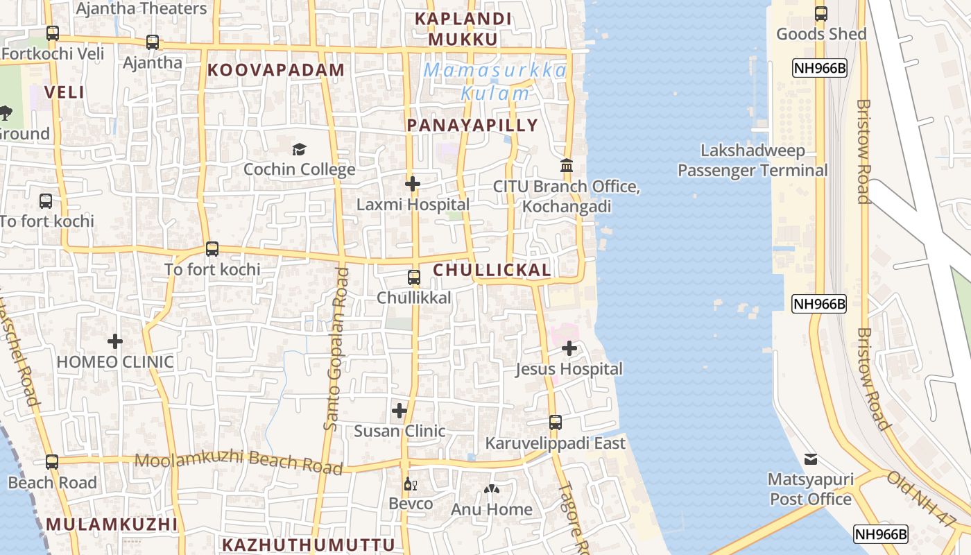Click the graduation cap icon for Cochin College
tap(299, 149)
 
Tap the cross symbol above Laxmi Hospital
tap(413, 184)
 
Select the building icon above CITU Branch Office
tap(567, 166)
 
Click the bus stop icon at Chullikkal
tap(414, 277)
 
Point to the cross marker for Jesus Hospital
tap(569, 348)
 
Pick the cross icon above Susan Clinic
tap(399, 411)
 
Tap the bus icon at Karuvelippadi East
tap(555, 422)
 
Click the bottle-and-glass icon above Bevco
tap(410, 484)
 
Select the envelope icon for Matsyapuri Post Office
tap(810, 459)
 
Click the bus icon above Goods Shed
tap(821, 13)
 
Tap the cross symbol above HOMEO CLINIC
tap(115, 341)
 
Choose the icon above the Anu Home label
tap(492, 490)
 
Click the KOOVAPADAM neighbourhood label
tap(275, 70)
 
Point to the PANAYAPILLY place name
tap(472, 126)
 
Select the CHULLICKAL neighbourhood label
tap(492, 271)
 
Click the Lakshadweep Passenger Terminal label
tap(753, 160)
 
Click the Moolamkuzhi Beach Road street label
tap(239, 463)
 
